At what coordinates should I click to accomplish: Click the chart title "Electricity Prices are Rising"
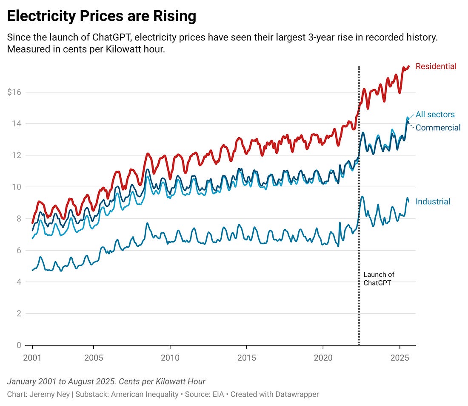point(102,16)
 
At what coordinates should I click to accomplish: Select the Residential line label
point(436,66)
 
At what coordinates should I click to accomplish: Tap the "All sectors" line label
point(435,115)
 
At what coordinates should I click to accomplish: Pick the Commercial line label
point(438,128)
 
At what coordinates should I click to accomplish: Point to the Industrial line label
point(433,202)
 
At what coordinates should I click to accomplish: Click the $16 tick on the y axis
point(15,92)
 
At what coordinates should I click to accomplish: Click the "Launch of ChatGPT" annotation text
point(379,279)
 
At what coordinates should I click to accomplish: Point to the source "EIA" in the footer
point(220,395)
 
